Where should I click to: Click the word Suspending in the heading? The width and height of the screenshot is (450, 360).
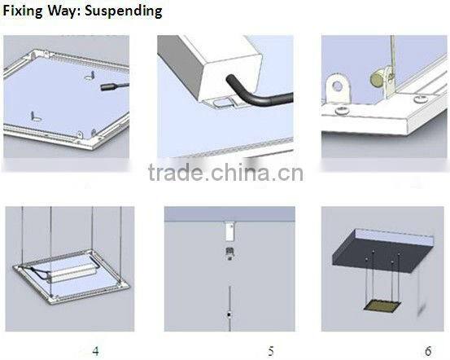tap(124, 11)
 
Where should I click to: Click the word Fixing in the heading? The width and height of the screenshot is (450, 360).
tap(23, 11)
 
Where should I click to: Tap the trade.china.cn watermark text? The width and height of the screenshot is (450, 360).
tap(225, 173)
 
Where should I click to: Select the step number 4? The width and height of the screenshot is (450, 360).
tap(95, 351)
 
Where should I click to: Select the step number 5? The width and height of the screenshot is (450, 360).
tap(271, 351)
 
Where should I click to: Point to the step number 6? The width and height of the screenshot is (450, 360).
tap(428, 351)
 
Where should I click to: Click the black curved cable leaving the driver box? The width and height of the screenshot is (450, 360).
tap(252, 94)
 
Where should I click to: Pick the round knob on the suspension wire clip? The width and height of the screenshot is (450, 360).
tap(376, 78)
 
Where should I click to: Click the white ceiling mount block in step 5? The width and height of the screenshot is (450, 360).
tap(229, 232)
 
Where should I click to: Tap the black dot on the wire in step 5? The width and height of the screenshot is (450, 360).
tap(229, 314)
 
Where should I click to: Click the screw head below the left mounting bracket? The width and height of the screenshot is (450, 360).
tap(341, 111)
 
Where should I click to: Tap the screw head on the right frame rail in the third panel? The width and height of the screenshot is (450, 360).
tap(420, 100)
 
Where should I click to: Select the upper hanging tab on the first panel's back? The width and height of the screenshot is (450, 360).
tap(90, 76)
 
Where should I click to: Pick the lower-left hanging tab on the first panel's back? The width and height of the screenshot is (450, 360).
tap(35, 116)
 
